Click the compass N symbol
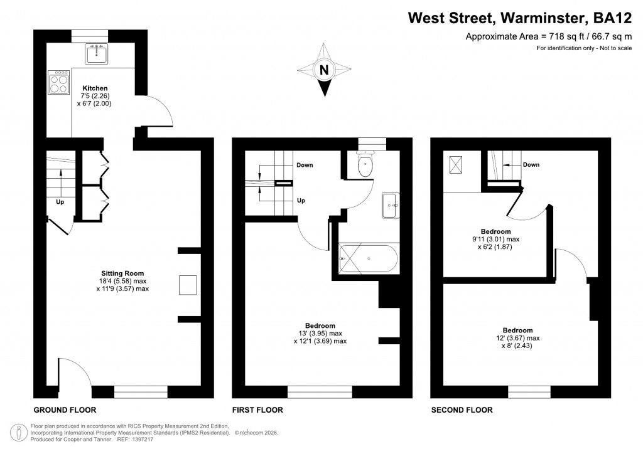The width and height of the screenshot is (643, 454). tap(325, 70)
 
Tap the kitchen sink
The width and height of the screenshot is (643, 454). tap(97, 54)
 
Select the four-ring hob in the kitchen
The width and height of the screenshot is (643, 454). tap(58, 82)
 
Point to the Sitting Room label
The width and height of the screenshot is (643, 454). tap(122, 273)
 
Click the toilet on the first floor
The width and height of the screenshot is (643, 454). tap(364, 165)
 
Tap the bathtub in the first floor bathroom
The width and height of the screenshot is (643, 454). tap(367, 256)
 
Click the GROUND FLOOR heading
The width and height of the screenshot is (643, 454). tap(64, 410)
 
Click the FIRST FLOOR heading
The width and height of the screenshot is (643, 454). tap(257, 410)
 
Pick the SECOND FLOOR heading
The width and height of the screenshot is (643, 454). tap(462, 410)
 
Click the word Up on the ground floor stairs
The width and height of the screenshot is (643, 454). tap(60, 203)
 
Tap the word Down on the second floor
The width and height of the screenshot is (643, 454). tap(531, 165)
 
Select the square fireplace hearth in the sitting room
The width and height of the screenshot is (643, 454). tap(186, 285)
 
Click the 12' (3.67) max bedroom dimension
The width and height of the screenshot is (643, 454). tap(517, 338)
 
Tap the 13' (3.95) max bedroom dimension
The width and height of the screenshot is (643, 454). tap(320, 334)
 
